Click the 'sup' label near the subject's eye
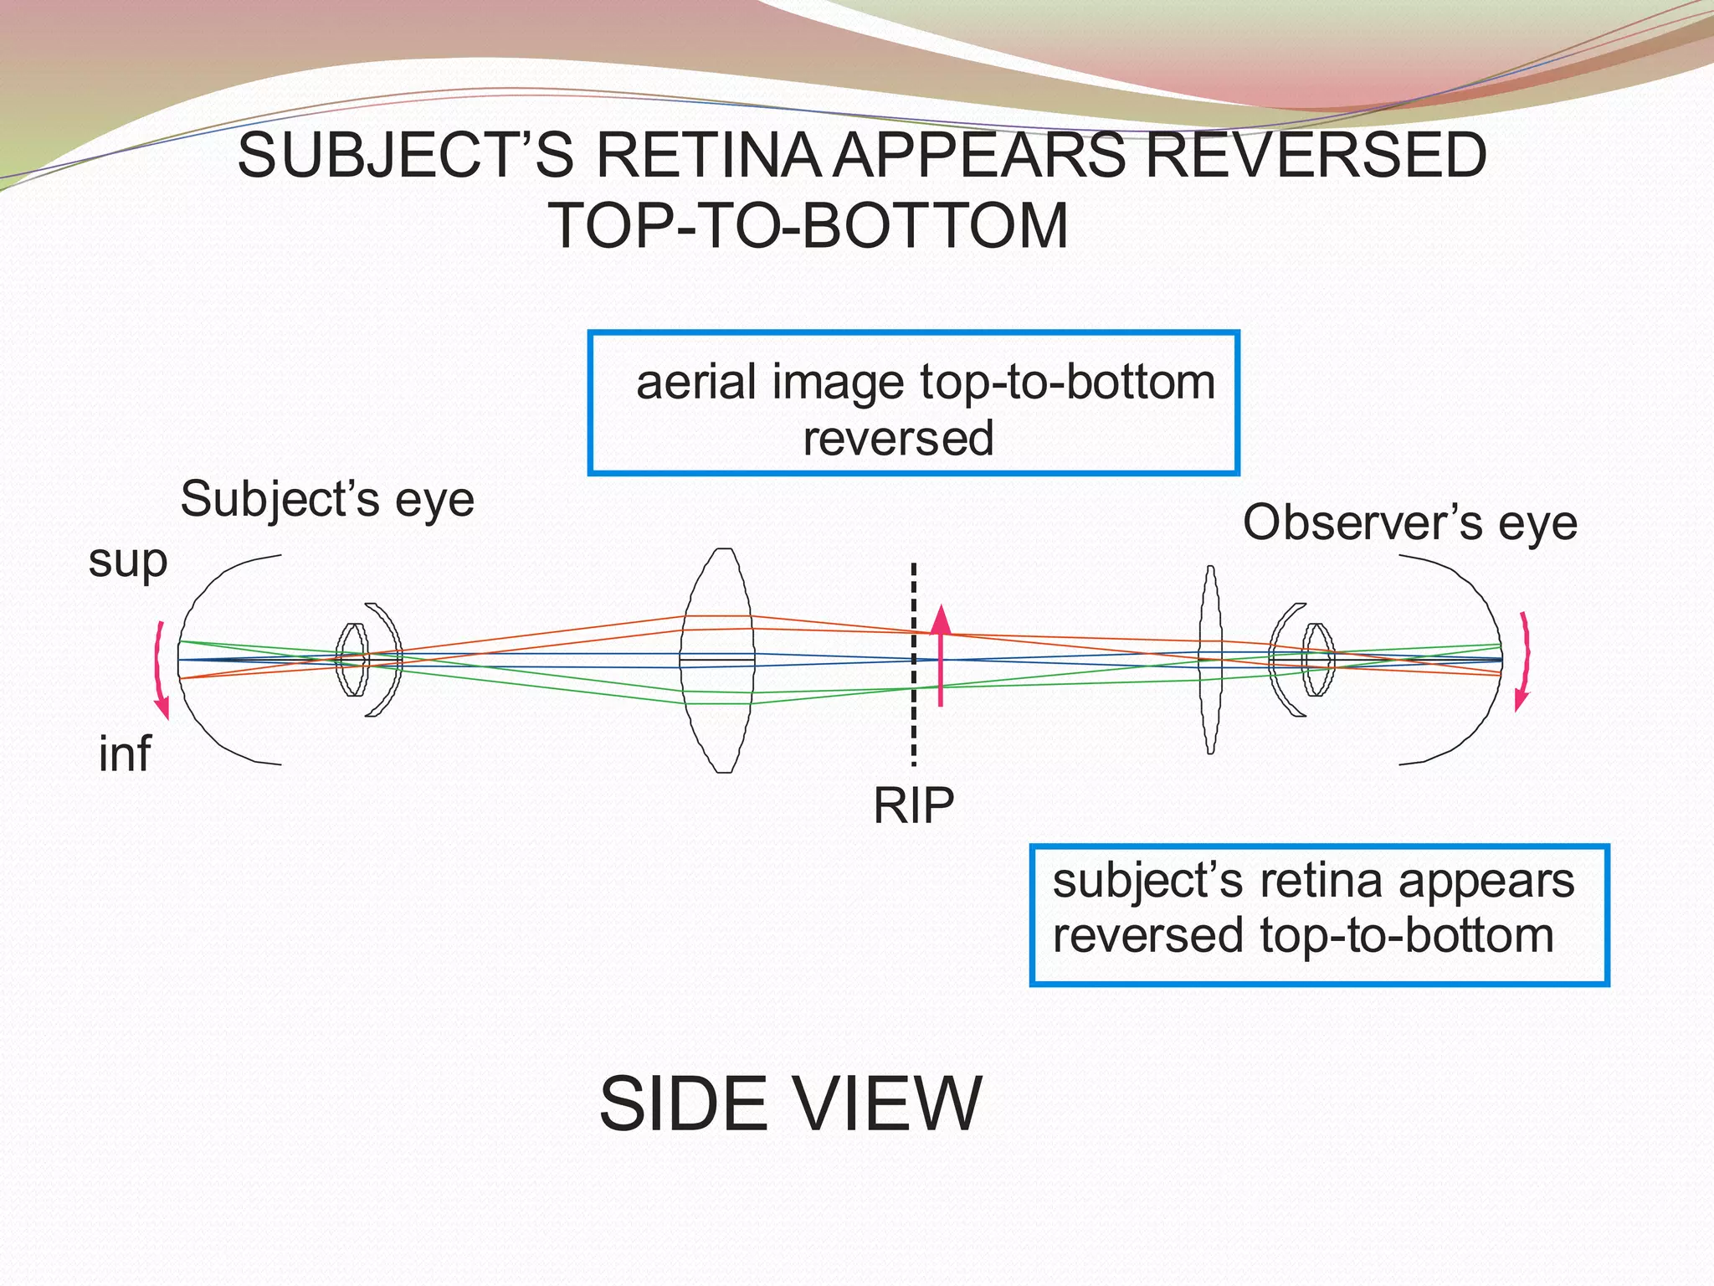[x=128, y=561]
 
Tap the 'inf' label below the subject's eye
[x=125, y=753]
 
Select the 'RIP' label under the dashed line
[x=913, y=805]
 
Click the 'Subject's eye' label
[x=327, y=499]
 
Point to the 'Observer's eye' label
[x=1409, y=522]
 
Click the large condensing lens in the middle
[x=718, y=660]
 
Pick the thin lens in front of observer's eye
[x=1210, y=660]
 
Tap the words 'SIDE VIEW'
[x=790, y=1103]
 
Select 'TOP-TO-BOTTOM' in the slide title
[x=808, y=226]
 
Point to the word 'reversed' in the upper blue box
[x=898, y=438]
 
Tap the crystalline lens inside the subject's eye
[x=352, y=660]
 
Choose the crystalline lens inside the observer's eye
[x=1318, y=660]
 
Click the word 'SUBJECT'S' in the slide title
[x=406, y=156]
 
